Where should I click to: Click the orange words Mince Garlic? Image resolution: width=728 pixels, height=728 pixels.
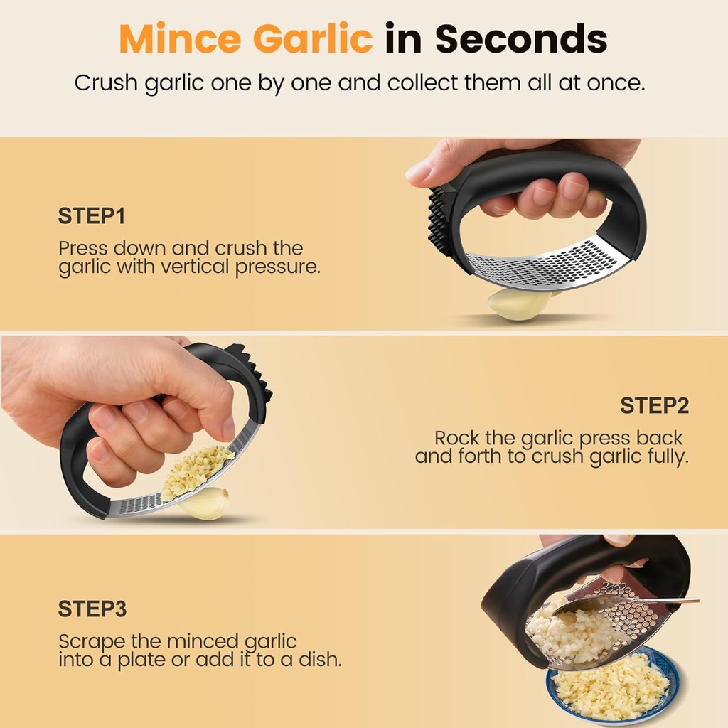point(245,38)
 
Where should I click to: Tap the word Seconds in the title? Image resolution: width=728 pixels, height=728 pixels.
point(522,38)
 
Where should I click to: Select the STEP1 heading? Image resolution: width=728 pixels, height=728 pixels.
point(92,216)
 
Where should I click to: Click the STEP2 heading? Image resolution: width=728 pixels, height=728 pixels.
point(654,405)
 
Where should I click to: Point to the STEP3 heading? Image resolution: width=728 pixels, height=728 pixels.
point(92,609)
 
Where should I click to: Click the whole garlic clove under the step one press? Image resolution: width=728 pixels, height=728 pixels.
point(519,304)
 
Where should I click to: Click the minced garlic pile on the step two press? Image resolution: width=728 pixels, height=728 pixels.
point(196,470)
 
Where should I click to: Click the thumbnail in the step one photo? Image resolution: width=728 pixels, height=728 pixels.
point(419,170)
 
